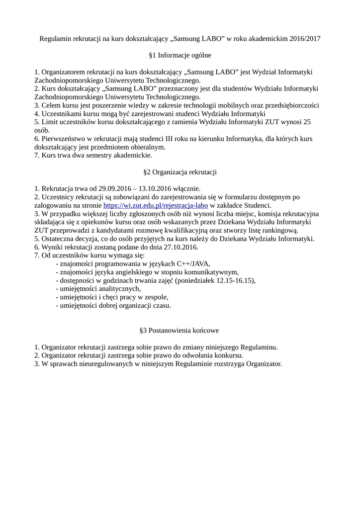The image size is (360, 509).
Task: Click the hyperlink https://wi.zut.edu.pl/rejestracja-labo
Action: (155, 205)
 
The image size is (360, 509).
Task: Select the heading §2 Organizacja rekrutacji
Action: (180, 172)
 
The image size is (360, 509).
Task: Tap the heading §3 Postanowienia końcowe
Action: (180, 330)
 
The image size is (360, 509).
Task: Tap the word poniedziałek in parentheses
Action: (195, 281)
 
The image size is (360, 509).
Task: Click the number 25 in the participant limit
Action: (307, 122)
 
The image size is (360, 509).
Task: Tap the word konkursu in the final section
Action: (228, 355)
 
